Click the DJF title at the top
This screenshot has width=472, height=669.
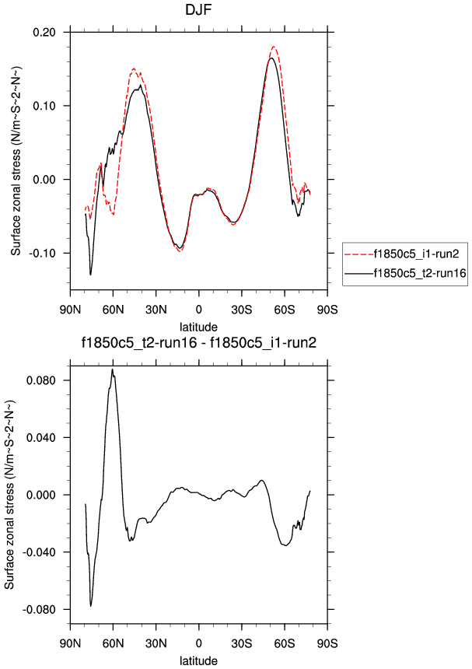coord(198,11)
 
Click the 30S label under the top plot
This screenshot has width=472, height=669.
coord(241,309)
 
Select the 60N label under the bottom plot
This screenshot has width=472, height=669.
coord(113,644)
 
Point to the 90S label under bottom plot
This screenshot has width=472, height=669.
coord(327,644)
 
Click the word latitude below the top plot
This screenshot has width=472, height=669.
coord(198,325)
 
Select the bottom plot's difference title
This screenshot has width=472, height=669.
coord(198,342)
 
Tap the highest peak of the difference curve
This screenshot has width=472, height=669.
coord(113,370)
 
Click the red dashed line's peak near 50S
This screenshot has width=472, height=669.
coord(274,47)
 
